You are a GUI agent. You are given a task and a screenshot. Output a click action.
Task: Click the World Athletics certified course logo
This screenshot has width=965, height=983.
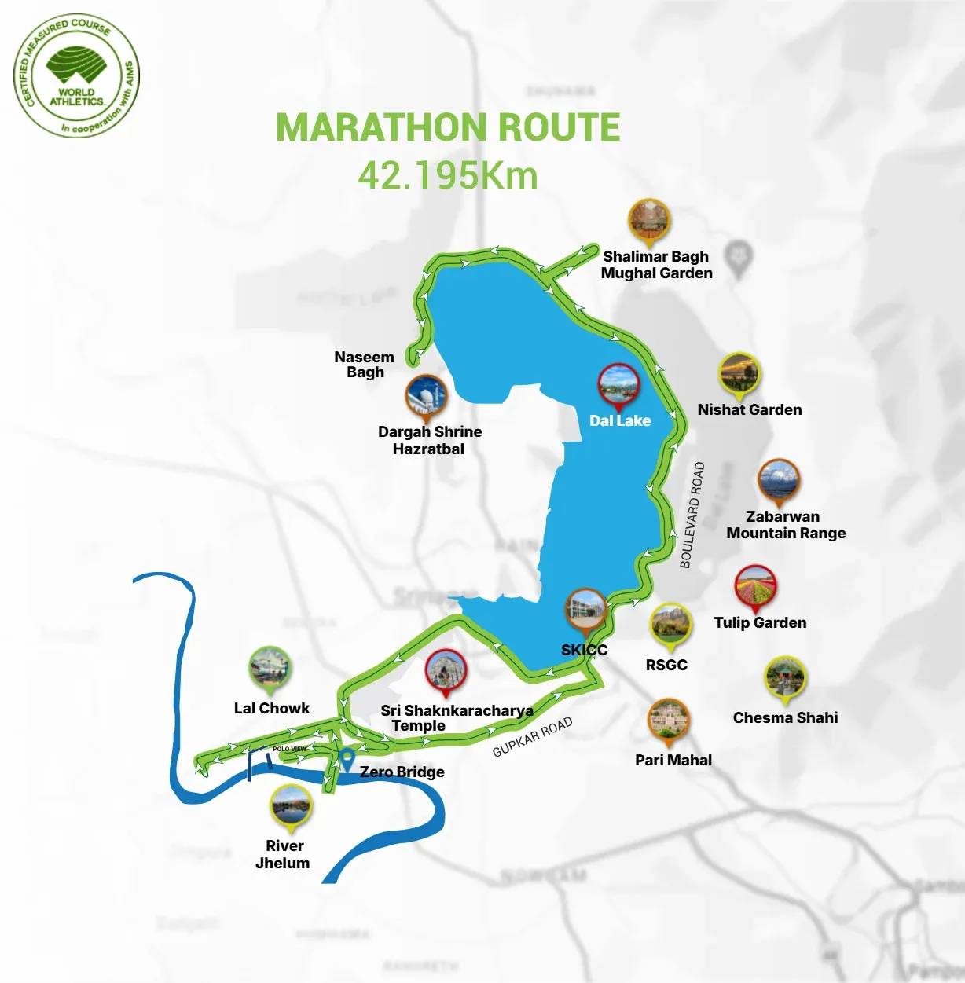(76, 75)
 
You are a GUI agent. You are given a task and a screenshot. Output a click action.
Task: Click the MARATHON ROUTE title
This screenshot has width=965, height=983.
(448, 127)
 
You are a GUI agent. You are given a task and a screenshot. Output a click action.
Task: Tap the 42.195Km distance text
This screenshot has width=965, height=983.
(448, 175)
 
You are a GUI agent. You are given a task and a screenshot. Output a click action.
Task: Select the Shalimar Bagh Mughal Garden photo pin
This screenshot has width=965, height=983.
(649, 221)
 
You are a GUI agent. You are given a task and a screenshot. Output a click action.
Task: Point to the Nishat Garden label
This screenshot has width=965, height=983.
(750, 409)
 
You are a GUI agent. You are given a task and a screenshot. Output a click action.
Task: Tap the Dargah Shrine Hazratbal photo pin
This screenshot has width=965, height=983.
(426, 396)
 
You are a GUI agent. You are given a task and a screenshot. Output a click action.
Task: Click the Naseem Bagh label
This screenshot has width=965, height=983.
(365, 365)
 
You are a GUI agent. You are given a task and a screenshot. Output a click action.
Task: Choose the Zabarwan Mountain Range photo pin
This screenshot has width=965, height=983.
(779, 481)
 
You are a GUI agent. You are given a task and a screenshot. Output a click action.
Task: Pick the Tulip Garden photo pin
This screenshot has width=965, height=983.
(756, 587)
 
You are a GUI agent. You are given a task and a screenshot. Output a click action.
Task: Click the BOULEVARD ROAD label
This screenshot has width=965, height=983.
(692, 514)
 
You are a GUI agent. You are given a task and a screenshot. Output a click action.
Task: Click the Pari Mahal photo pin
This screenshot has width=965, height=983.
(669, 721)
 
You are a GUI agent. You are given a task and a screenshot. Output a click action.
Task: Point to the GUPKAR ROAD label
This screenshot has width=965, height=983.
(532, 736)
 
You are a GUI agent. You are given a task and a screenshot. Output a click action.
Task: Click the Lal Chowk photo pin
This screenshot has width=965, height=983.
(270, 669)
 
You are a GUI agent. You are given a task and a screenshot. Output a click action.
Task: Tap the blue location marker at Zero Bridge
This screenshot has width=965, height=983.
(347, 759)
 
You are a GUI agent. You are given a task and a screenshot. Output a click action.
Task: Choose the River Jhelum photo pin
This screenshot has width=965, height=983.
(291, 807)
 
